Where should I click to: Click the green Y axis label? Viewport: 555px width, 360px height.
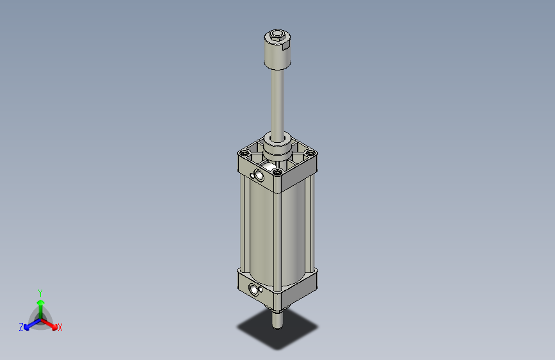[40, 291]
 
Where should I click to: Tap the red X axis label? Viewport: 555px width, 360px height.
[60, 328]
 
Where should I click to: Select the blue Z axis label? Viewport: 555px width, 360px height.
[21, 327]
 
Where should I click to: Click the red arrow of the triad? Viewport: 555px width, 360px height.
[51, 323]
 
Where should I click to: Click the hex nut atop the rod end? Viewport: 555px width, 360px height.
[277, 35]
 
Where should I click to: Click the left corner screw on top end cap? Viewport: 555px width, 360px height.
[244, 154]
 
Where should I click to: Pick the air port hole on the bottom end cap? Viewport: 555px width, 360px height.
[257, 290]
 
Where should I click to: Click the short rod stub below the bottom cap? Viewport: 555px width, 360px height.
[277, 318]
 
